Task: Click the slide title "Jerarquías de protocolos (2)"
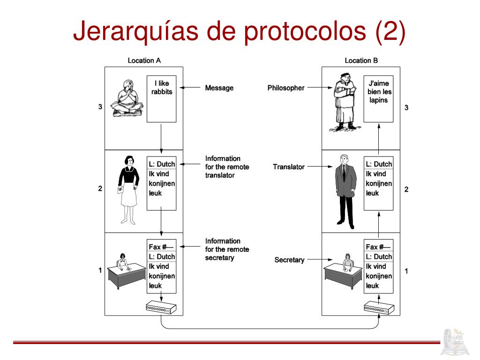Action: [x=239, y=32]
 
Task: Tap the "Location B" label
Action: [x=361, y=60]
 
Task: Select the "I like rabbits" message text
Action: [x=161, y=88]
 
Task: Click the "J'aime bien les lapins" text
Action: [x=379, y=92]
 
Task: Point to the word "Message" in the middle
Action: [x=219, y=88]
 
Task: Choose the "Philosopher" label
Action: [x=286, y=88]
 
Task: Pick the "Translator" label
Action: [x=289, y=166]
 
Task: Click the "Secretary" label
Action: [x=289, y=260]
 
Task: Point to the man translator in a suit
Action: [x=345, y=190]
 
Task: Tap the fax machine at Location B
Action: [x=379, y=308]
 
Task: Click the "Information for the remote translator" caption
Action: [x=227, y=167]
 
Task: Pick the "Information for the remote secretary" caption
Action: [x=227, y=249]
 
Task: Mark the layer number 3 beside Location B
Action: [x=406, y=107]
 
